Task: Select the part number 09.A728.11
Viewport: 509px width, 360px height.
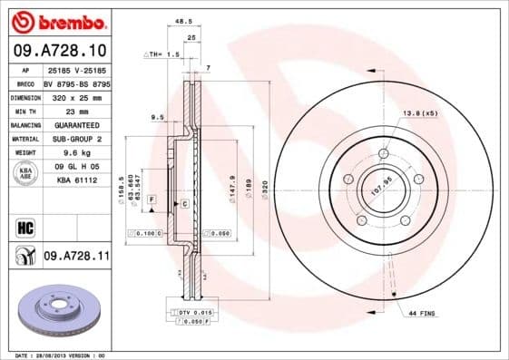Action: click(x=75, y=258)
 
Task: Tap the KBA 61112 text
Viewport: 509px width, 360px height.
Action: click(x=76, y=181)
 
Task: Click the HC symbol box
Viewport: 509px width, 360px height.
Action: click(x=24, y=225)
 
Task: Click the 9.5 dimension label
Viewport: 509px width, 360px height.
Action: click(x=156, y=117)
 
